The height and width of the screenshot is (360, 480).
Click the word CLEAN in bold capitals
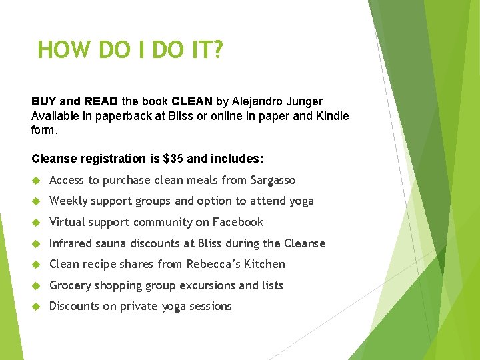coord(192,101)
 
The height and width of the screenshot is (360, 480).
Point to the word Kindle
coord(331,116)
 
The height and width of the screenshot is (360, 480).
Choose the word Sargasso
coord(273,180)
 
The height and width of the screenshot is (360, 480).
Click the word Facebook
coord(238,222)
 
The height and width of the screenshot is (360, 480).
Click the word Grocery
coord(71,285)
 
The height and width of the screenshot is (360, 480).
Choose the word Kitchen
coord(265,264)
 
